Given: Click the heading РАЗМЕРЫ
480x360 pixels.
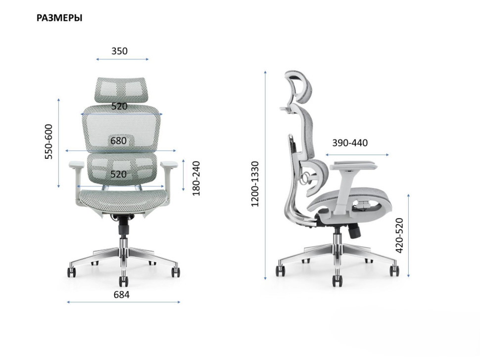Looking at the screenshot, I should [59, 18].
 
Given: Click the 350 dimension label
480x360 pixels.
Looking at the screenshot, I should [119, 51].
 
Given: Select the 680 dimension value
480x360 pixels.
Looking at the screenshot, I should [119, 141].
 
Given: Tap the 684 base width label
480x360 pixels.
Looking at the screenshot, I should [121, 295].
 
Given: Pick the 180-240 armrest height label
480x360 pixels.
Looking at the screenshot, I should [196, 178].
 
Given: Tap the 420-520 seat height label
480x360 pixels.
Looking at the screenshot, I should [400, 235].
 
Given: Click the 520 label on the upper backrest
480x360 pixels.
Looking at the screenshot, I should [119, 106].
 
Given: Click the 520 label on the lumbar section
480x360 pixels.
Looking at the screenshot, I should [118, 174].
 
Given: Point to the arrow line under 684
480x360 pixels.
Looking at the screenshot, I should [123, 302].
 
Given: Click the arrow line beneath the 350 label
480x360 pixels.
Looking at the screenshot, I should [122, 59].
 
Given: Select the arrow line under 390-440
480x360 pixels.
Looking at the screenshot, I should [357, 155].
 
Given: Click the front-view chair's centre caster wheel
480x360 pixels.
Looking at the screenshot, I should [123, 281].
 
